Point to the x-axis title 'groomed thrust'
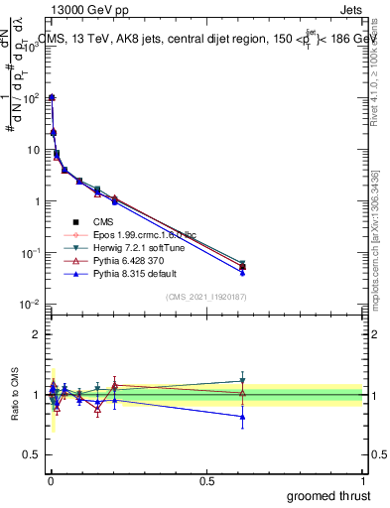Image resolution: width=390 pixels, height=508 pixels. (x=329, y=495)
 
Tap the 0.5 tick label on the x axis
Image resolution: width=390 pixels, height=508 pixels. (x=206, y=480)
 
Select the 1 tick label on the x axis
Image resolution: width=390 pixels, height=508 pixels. (x=363, y=480)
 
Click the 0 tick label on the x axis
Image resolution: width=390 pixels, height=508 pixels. (x=51, y=480)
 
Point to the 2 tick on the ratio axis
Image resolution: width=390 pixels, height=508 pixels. (x=36, y=334)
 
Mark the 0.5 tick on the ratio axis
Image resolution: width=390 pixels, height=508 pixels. (x=32, y=456)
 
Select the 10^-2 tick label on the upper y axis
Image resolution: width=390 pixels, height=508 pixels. (x=29, y=304)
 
